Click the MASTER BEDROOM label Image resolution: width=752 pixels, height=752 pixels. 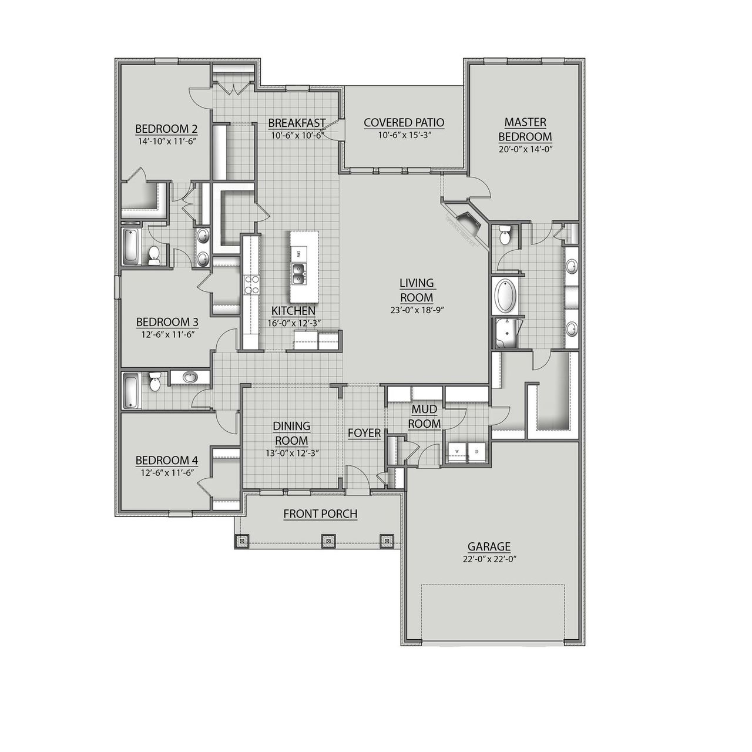pos(525,129)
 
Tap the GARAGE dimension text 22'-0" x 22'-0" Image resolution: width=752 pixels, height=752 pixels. pos(489,560)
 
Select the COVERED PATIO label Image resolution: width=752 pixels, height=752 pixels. pos(404,123)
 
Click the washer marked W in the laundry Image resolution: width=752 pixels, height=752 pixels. pos(456,451)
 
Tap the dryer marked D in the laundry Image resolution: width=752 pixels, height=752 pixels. pos(476,451)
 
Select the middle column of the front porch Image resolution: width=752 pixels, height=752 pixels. pos(328,540)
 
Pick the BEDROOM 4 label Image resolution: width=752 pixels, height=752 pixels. pos(166,460)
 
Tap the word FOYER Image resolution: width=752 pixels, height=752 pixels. pos(364,434)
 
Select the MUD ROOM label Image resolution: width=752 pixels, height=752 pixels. pos(424,416)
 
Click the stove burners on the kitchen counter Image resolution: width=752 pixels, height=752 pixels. pos(252,284)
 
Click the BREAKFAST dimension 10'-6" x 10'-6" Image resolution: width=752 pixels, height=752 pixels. pos(297,135)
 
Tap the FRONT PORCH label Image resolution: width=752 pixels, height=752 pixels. pos(320,514)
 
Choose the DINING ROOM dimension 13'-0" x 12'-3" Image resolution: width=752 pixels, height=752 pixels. pos(291,453)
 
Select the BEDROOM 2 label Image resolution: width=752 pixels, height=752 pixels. pos(166,129)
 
